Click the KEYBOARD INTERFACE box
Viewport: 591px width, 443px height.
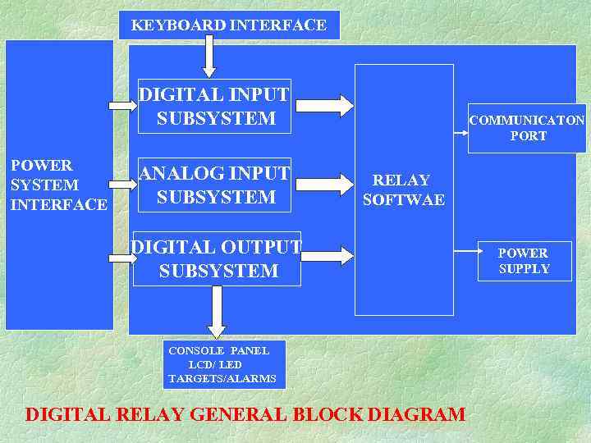click(228, 25)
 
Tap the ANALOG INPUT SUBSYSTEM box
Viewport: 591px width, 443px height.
click(215, 185)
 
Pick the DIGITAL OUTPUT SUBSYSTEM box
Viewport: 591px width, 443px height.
click(218, 259)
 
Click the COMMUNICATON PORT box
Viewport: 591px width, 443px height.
click(527, 128)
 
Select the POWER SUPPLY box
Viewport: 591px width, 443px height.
click(525, 261)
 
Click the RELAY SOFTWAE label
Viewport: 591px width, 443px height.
click(403, 190)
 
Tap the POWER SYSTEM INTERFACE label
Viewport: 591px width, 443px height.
click(57, 185)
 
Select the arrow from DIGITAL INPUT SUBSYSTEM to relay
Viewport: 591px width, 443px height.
click(324, 105)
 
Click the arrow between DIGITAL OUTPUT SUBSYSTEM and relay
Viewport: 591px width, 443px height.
click(326, 257)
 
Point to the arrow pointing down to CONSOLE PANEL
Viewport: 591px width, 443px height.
click(217, 311)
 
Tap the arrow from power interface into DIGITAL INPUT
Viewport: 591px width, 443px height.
click(123, 105)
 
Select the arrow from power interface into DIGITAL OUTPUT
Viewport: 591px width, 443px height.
click(123, 258)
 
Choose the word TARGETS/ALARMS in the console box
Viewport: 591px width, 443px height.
click(222, 379)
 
